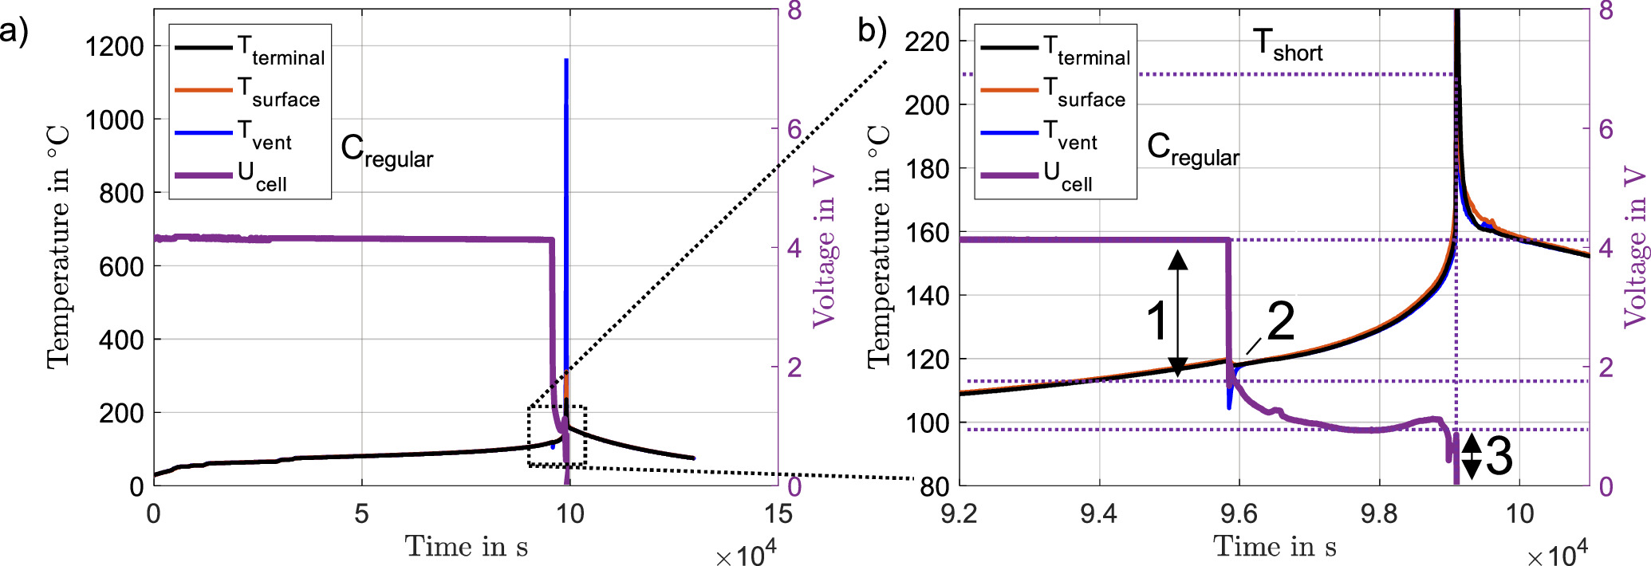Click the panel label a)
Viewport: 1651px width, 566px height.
coord(14,33)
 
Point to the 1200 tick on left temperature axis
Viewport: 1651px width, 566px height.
coord(114,46)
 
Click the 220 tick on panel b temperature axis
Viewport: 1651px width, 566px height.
coord(927,41)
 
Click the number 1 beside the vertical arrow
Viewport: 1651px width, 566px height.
coord(1157,321)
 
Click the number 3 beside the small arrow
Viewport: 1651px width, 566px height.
coord(1498,457)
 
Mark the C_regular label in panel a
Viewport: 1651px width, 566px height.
coord(386,151)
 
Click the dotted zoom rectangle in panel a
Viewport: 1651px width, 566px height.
coord(557,407)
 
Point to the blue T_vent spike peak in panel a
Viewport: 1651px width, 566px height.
coord(566,60)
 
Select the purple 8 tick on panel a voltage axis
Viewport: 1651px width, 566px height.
coord(794,10)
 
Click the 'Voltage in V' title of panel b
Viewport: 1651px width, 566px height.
coord(1635,247)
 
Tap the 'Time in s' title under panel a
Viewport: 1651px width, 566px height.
coord(466,547)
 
